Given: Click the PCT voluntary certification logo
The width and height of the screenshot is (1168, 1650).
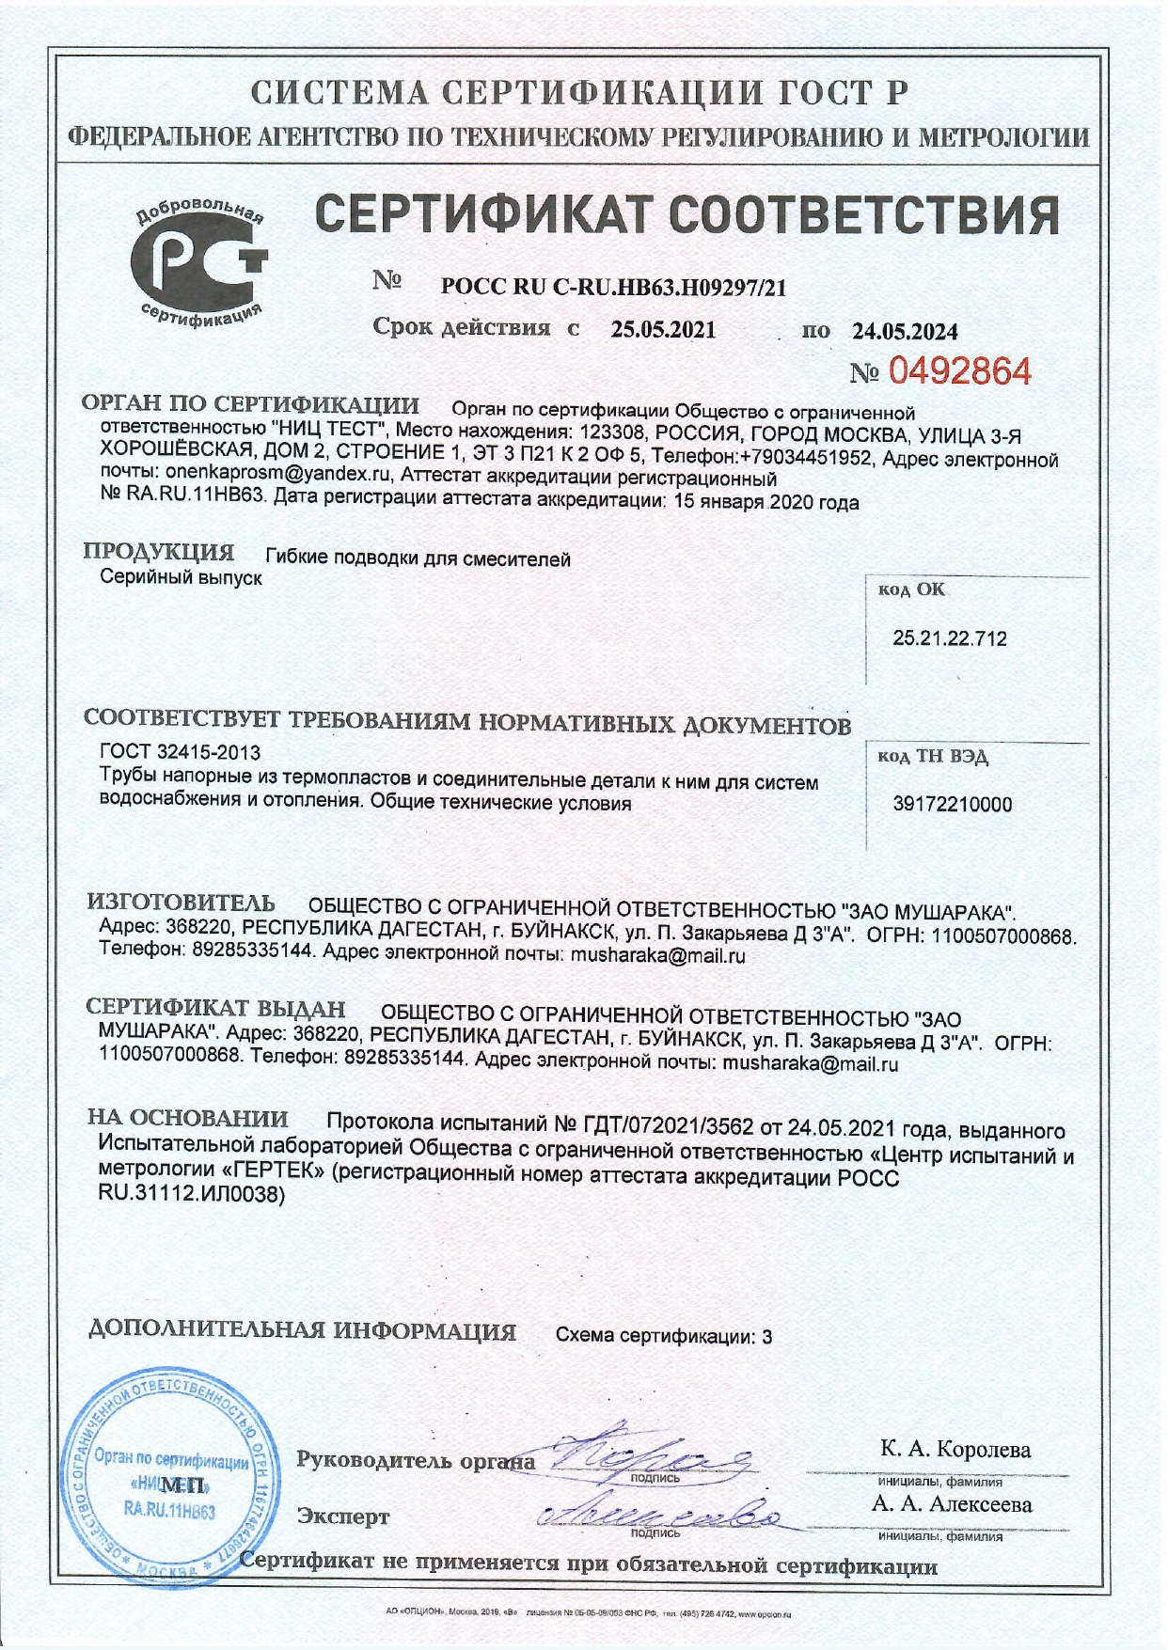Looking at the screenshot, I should (200, 259).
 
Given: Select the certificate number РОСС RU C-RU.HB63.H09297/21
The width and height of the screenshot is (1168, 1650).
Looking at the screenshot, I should (613, 288).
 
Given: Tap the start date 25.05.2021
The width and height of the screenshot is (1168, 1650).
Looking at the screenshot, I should (663, 330).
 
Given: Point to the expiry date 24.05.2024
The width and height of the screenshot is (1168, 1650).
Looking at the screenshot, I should (905, 331).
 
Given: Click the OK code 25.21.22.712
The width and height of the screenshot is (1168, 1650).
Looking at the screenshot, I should (949, 639).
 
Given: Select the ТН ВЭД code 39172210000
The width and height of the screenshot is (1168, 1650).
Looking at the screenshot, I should (951, 805).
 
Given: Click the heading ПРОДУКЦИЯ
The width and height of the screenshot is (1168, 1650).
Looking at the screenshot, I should (158, 553).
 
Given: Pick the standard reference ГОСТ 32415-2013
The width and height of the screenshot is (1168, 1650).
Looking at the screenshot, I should (180, 752).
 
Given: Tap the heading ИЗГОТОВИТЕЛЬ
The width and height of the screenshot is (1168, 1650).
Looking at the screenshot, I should (181, 904).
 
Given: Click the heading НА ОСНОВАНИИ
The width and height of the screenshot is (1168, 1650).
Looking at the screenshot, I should (187, 1119).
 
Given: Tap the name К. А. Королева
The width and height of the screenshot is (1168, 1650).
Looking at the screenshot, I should (955, 1449).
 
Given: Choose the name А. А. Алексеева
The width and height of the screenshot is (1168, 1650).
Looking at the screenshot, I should (951, 1504).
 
